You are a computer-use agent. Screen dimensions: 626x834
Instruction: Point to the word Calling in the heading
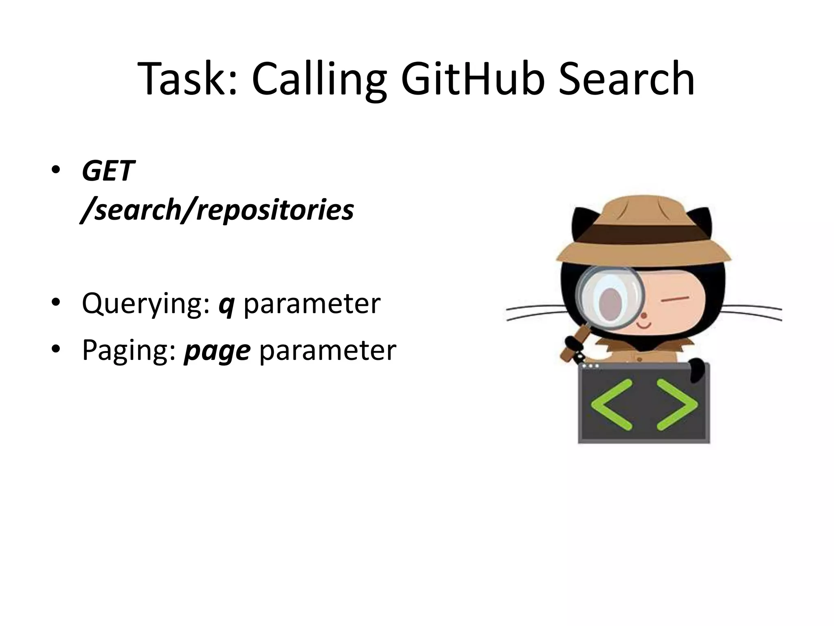pos(319,82)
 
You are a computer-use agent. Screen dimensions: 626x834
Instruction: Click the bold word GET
pos(108,171)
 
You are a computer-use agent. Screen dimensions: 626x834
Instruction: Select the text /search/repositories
pos(218,210)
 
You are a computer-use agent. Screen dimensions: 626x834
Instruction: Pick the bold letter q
pos(226,306)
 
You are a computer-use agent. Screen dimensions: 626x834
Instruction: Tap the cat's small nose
pos(644,315)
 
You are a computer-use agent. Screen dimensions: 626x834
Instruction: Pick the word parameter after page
pos(327,350)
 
